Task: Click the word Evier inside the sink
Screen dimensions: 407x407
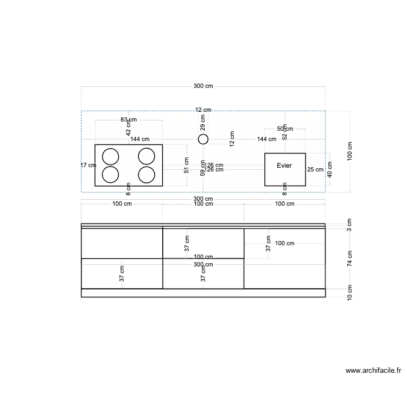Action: coord(284,165)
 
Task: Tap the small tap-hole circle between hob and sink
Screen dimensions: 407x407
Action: coord(203,139)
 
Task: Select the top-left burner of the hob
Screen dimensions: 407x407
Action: coord(111,157)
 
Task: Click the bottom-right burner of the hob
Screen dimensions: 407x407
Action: coord(147,175)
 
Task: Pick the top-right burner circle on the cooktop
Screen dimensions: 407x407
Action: coord(147,157)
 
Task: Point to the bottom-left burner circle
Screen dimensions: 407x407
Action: coord(111,175)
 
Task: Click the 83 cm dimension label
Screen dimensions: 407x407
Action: coord(129,119)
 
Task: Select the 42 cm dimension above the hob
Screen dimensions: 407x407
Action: coord(129,129)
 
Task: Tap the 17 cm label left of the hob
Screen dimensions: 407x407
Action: coord(88,165)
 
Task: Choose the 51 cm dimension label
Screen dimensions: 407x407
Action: coord(187,165)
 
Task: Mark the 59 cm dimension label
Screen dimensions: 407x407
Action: coord(203,169)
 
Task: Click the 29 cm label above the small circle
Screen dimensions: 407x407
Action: coord(203,123)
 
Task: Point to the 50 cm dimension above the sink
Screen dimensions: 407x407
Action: coord(285,129)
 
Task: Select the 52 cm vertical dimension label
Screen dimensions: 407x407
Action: coord(285,133)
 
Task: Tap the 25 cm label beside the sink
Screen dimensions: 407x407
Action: coord(315,169)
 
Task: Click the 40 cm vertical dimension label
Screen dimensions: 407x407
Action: coord(330,169)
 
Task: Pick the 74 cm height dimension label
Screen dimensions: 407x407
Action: coord(350,258)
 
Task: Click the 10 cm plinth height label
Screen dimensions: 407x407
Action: coord(350,293)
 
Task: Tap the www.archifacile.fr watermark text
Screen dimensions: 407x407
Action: coord(373,371)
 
